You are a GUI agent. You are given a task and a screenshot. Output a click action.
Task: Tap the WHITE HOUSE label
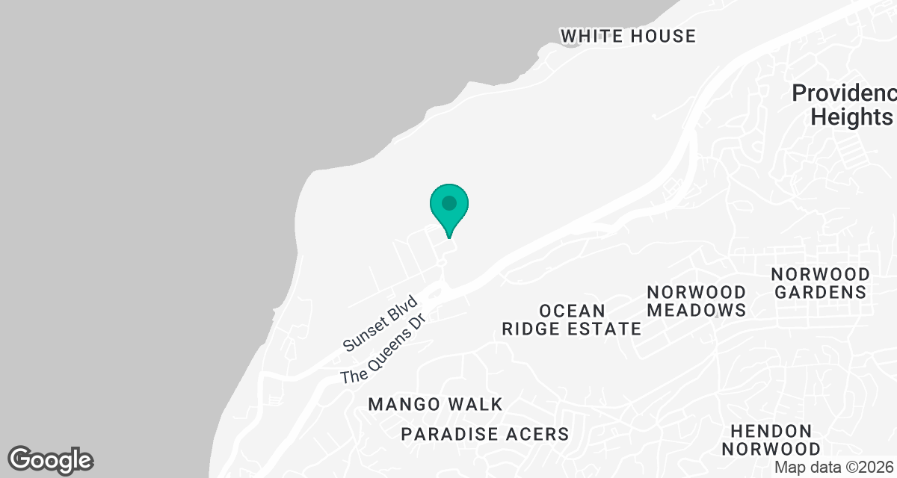pos(628,36)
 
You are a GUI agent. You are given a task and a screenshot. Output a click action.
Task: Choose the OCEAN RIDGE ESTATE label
pos(571,320)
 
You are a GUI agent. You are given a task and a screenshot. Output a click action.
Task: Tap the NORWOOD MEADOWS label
pos(696,301)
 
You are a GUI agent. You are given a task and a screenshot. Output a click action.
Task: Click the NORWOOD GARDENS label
pos(820,283)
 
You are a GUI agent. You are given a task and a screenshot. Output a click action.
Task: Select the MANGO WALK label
pos(435,405)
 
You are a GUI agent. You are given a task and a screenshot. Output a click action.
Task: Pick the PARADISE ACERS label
pos(485,434)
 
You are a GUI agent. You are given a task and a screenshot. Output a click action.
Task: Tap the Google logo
pos(51,459)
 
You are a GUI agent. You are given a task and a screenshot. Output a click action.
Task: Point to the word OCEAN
pos(571,311)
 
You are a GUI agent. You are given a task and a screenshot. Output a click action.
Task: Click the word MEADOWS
pos(696,310)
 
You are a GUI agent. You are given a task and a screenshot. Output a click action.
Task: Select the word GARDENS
pos(820,292)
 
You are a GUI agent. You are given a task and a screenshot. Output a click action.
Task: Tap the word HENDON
pos(771,431)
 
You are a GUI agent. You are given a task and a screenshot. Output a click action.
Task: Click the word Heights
pos(851,117)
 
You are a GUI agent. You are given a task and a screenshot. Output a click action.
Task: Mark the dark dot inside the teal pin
pos(449,203)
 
